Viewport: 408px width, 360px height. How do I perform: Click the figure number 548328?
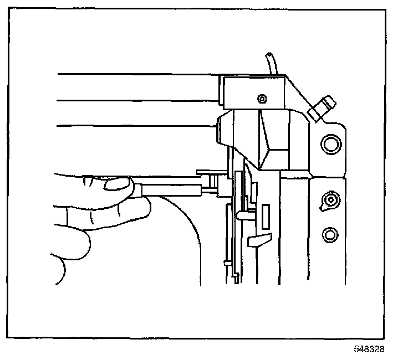click(370, 349)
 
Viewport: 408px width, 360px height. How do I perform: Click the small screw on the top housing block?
click(262, 99)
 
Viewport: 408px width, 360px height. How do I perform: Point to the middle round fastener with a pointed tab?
click(330, 199)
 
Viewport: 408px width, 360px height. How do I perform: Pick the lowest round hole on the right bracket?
click(330, 234)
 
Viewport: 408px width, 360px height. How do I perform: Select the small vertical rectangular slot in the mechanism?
click(265, 214)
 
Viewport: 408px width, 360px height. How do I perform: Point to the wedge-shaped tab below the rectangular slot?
click(261, 240)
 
